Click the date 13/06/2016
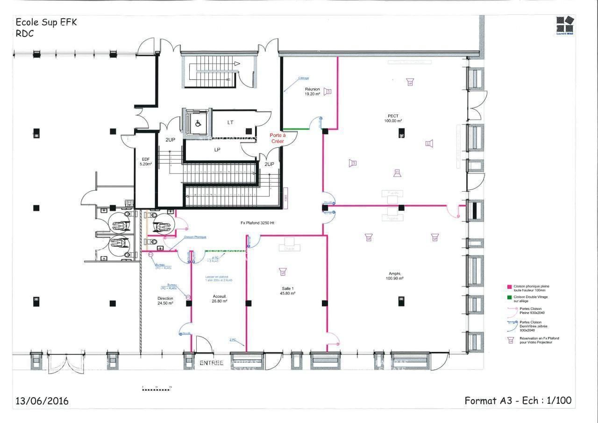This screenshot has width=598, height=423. pyautogui.click(x=42, y=401)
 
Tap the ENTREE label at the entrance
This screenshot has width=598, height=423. pyautogui.click(x=212, y=363)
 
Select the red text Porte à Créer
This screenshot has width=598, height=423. pyautogui.click(x=277, y=138)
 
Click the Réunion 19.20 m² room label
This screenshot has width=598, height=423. pyautogui.click(x=312, y=92)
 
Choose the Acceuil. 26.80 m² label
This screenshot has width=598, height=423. pyautogui.click(x=220, y=299)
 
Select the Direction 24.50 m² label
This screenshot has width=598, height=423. pyautogui.click(x=165, y=301)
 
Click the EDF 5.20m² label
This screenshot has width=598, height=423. pyautogui.click(x=146, y=162)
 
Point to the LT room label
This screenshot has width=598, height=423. pyautogui.click(x=230, y=122)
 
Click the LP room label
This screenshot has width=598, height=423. pyautogui.click(x=217, y=150)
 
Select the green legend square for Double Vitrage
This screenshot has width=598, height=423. pyautogui.click(x=510, y=297)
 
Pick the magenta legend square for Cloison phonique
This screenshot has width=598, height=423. pyautogui.click(x=510, y=286)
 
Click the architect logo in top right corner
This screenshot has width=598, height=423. pyautogui.click(x=565, y=24)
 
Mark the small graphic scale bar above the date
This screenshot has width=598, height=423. pyautogui.click(x=157, y=387)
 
